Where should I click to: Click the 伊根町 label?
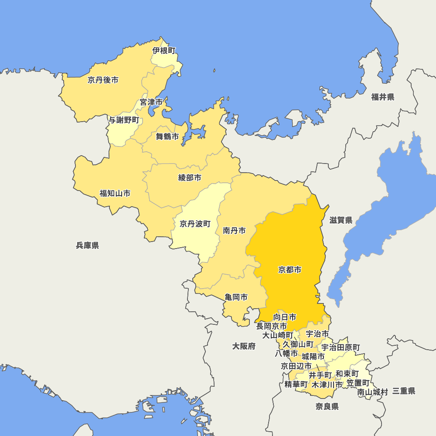[164, 51]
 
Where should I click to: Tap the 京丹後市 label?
[103, 80]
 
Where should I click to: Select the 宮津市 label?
[151, 102]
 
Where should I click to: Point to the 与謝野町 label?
[124, 120]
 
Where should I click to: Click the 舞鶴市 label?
[167, 136]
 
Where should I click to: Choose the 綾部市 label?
[190, 177]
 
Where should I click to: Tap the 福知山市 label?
[115, 193]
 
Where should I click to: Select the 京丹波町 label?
[195, 224]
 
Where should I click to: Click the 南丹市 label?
[234, 230]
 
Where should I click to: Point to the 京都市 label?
[290, 270]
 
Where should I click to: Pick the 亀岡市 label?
[236, 297]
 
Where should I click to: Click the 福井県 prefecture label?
[383, 97]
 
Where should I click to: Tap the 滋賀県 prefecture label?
[341, 220]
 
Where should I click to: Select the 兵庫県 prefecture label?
[88, 245]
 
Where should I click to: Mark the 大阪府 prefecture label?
[244, 346]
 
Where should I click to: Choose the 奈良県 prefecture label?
[327, 407]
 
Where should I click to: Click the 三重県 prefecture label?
[403, 391]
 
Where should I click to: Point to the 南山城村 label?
[372, 392]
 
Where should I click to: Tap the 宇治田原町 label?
[341, 347]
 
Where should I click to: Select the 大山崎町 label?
[278, 335]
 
